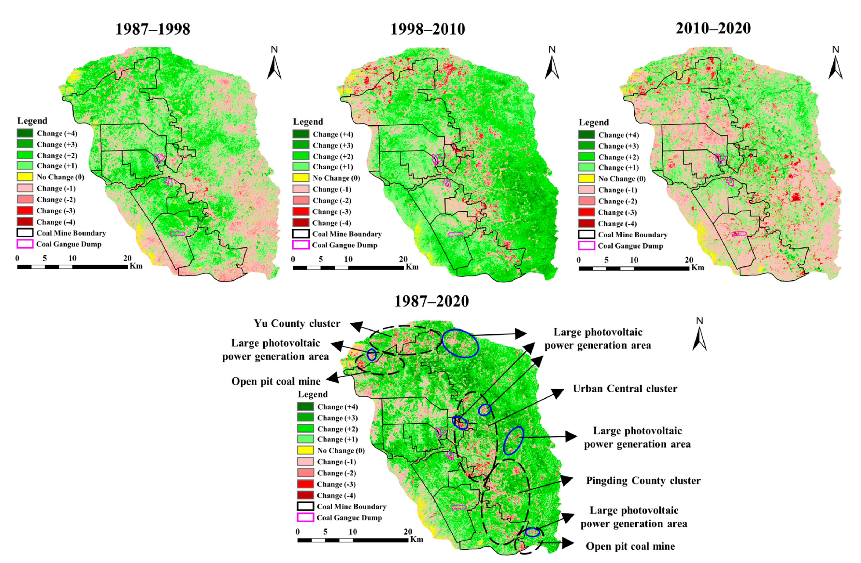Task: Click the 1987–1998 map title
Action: [152, 29]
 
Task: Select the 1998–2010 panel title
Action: [428, 29]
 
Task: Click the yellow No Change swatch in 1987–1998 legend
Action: [25, 177]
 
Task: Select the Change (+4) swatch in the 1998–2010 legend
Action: [301, 134]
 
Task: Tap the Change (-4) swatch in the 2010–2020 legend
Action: [586, 223]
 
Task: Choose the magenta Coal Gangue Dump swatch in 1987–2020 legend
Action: [305, 517]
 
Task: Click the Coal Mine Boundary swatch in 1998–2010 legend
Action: [301, 234]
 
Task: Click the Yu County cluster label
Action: [297, 323]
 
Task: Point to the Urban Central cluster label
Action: [625, 389]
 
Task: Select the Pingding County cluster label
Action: [643, 481]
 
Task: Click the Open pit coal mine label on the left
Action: [276, 381]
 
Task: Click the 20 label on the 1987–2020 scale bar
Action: [408, 532]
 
